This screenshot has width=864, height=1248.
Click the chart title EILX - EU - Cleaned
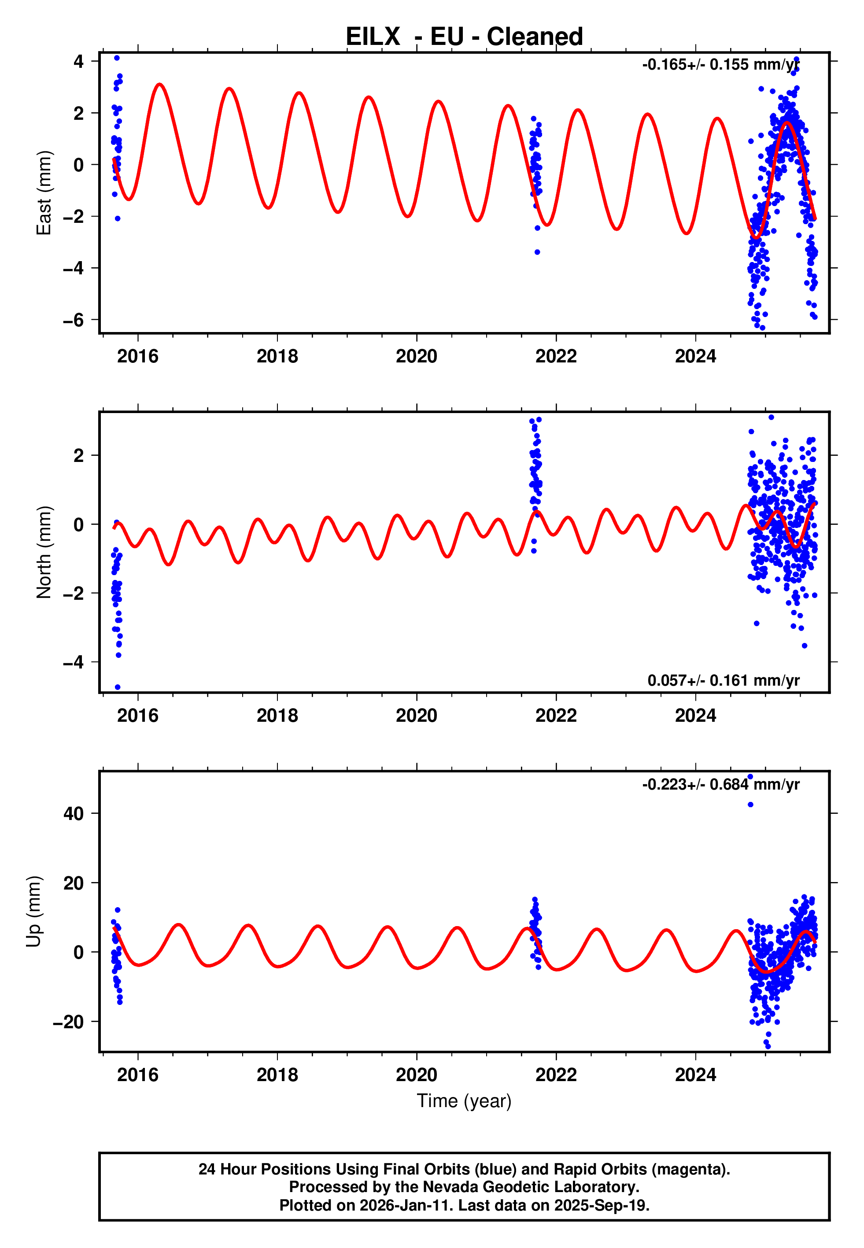[x=464, y=37]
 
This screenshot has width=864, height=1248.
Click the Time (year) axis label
[x=464, y=1101]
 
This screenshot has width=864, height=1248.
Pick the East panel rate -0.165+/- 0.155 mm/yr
[x=720, y=65]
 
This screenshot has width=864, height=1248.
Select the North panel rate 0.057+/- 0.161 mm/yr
[x=723, y=680]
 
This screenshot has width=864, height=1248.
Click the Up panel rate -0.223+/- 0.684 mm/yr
[x=720, y=784]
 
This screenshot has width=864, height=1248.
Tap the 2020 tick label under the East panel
[x=416, y=356]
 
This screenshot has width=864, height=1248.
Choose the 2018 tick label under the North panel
[x=277, y=716]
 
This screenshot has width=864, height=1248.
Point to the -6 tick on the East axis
[x=73, y=320]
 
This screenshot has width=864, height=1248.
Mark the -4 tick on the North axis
[x=73, y=662]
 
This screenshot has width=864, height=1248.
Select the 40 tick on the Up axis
[x=74, y=813]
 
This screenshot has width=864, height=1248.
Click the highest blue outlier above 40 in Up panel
[x=750, y=777]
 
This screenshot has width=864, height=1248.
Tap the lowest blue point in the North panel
[x=118, y=687]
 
